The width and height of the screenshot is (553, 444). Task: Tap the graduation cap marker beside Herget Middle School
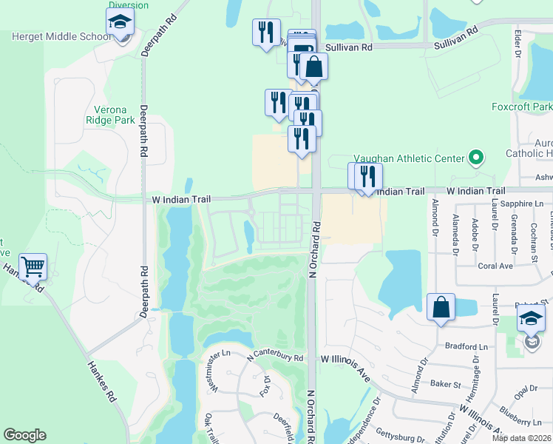tap(120, 24)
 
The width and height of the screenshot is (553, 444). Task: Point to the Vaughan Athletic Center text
tap(407, 158)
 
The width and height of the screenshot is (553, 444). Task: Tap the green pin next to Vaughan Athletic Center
tap(476, 158)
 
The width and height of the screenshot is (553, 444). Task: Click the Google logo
tap(24, 435)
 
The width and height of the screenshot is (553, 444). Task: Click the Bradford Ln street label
tap(467, 346)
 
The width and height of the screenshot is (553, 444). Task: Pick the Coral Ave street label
tap(495, 266)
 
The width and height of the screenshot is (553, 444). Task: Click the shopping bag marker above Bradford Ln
tap(441, 306)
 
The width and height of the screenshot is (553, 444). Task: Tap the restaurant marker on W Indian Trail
tap(368, 176)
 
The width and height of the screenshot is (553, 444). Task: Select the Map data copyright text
tap(522, 437)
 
